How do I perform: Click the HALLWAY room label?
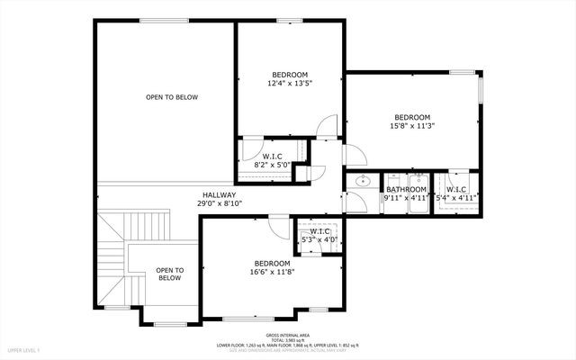(x=219, y=194)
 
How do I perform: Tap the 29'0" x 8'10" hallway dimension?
(x=219, y=203)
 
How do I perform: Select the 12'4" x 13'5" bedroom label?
(x=290, y=84)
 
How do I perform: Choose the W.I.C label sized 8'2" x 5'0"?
(x=273, y=157)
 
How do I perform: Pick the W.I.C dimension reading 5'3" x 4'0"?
(x=319, y=239)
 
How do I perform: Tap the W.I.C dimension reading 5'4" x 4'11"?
(x=456, y=197)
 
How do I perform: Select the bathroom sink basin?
(x=363, y=182)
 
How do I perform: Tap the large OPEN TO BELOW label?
(x=172, y=97)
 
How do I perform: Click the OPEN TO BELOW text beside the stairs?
(x=169, y=274)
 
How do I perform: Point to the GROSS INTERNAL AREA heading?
(x=288, y=334)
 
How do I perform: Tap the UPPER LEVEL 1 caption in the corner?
(x=25, y=348)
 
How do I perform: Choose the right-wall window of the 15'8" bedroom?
(x=480, y=90)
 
